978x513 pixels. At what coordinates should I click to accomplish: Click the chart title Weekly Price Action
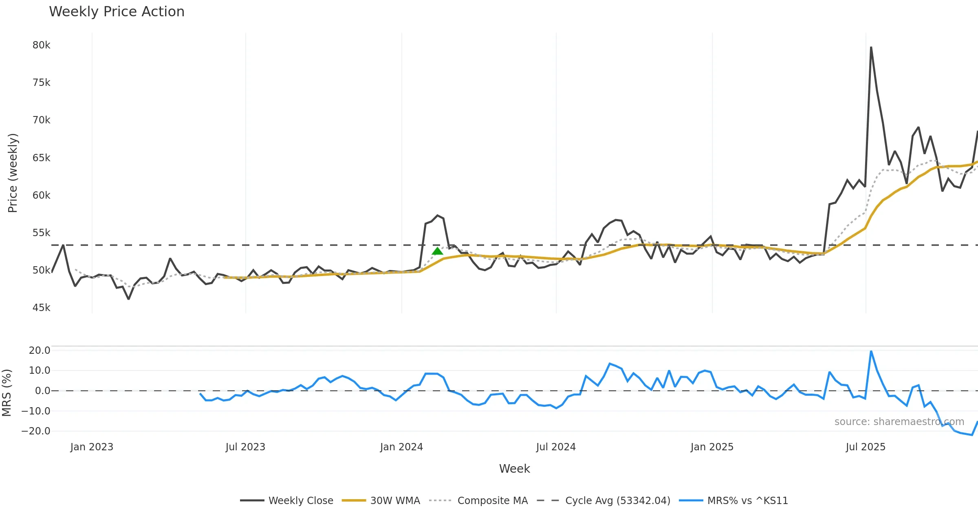coord(117,12)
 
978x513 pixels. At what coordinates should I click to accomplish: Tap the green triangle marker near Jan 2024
coord(437,251)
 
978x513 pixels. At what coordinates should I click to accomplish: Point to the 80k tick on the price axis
coord(41,45)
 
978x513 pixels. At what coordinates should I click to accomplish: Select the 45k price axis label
coord(41,308)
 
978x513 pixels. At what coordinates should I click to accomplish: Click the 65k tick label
coord(41,158)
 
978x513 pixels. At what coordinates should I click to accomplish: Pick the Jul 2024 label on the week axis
coord(556,447)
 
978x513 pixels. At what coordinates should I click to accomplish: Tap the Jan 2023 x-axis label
coord(92,447)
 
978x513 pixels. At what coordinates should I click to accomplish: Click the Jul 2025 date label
coord(866,447)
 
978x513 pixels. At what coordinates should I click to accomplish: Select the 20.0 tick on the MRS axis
coord(40,351)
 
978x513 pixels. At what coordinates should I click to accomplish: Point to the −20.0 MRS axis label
coord(36,431)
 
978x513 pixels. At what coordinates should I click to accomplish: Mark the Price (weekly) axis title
coord(13,173)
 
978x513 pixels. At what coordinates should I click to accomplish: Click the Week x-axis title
coord(514,469)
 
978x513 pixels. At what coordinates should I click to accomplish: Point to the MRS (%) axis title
coord(7,393)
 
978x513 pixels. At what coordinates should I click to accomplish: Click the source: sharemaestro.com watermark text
coord(899,422)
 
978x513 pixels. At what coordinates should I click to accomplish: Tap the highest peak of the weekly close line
coord(871,47)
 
